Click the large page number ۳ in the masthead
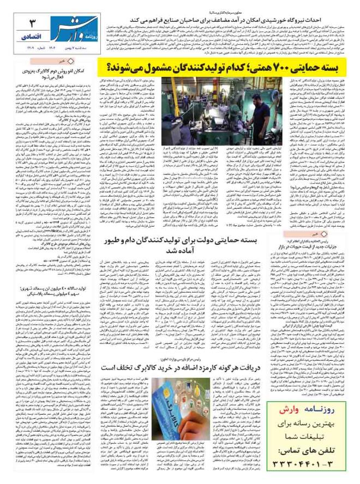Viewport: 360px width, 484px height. [32, 23]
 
